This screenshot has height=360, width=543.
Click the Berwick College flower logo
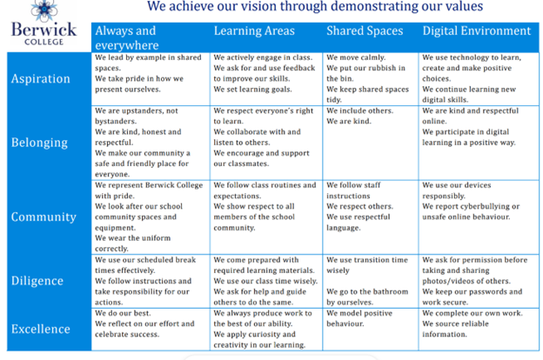44,10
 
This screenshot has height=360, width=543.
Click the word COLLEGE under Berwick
44,42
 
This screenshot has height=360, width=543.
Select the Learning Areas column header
254,30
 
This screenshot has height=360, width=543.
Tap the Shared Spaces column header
365,30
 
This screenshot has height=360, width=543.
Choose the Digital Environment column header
477,30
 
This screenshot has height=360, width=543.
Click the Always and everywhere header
127,37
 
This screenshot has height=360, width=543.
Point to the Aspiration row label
41,79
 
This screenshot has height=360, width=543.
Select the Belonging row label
39,143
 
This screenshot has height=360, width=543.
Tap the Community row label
44,217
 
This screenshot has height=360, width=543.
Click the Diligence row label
37,281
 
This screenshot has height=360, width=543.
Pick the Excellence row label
41,329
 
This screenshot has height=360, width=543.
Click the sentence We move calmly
356,57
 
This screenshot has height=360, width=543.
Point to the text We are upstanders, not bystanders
137,116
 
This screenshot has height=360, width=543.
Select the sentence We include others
359,110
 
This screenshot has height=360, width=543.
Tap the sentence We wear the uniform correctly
132,243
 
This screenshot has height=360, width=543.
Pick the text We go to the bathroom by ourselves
367,297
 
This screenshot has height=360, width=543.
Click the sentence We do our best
123,313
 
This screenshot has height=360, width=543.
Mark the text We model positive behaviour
359,318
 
